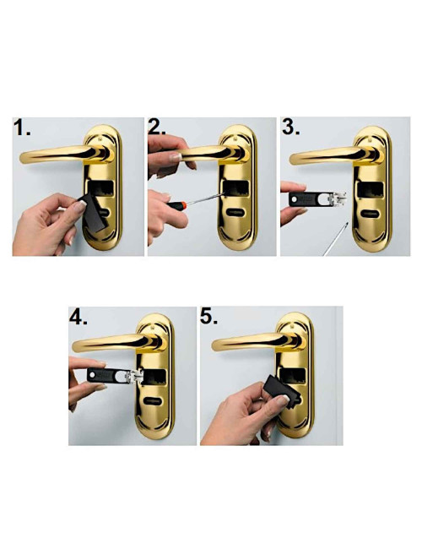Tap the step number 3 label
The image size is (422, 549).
pos(291,127)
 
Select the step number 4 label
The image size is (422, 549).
pos(78,317)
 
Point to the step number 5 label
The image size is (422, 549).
pos(209,317)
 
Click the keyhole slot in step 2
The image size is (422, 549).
pos(235,212)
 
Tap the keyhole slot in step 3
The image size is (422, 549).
pos(371,213)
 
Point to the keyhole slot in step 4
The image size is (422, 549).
pos(154,400)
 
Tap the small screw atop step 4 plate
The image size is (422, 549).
pos(154,328)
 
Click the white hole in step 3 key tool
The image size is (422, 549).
pos(295,198)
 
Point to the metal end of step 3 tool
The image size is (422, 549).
pos(337,198)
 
